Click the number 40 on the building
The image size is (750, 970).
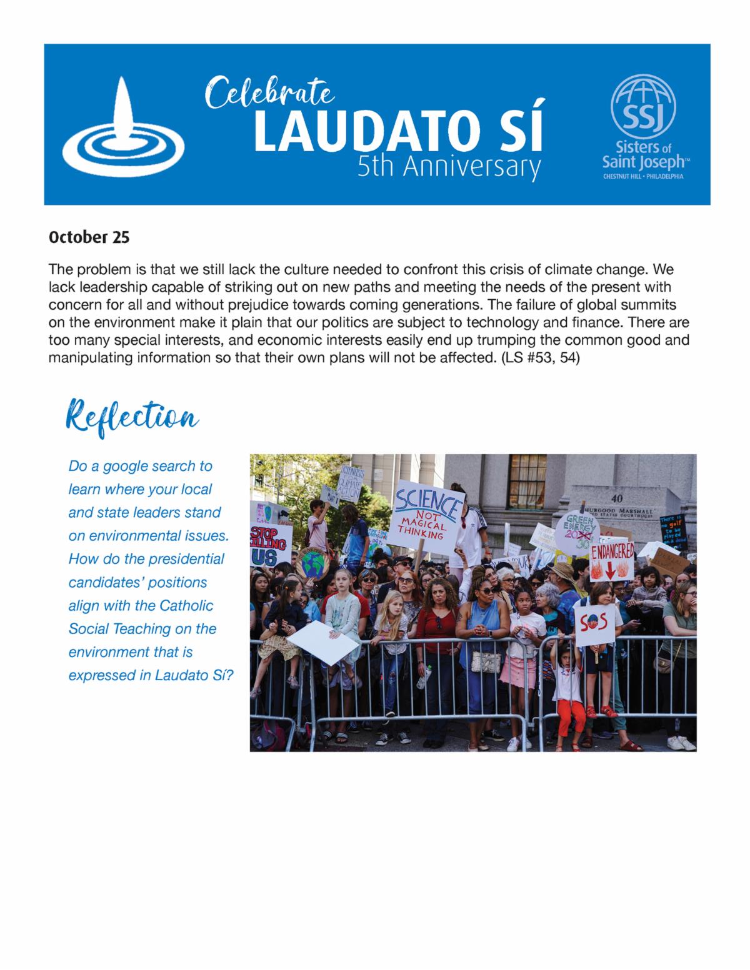coord(617,498)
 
